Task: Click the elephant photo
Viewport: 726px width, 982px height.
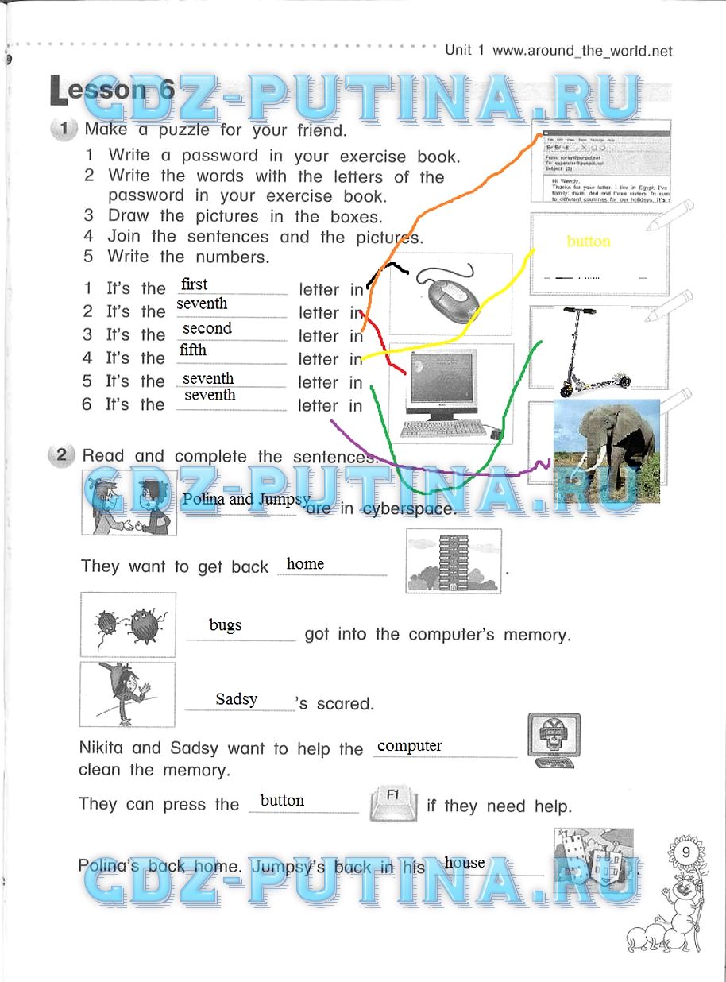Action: coord(606,450)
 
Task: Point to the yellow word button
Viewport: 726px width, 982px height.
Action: coord(589,242)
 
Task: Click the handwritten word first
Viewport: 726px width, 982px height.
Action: coord(195,284)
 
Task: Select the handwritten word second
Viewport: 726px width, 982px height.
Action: coord(207,328)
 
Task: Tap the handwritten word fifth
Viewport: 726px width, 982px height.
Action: coord(193,350)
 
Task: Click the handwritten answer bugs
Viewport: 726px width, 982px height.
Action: coord(226,625)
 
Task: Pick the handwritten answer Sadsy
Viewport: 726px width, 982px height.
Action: coord(237,699)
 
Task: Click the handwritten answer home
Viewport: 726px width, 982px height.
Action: coord(305,564)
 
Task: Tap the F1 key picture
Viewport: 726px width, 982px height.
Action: coord(393,801)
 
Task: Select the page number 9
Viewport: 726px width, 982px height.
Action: coord(684,851)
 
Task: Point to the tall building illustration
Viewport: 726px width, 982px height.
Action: coord(453,562)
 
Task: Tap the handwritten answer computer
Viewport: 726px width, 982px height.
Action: coord(410,745)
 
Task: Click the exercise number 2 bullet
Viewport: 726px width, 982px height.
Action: coord(60,456)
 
